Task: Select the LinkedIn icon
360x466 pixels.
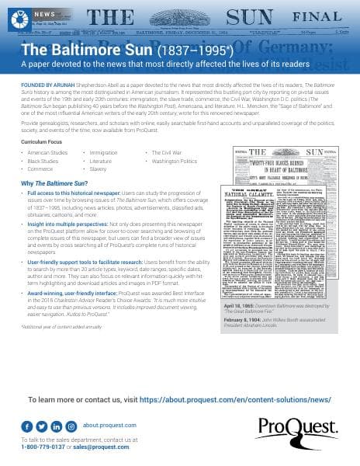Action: coord(56,426)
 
